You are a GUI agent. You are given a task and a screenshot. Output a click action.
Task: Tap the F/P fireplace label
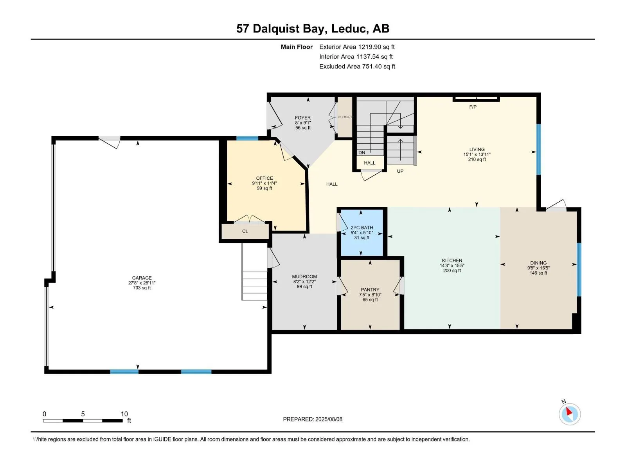click(473, 107)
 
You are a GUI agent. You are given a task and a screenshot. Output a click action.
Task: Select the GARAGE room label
click(142, 278)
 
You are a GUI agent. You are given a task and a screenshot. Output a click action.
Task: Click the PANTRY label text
click(370, 289)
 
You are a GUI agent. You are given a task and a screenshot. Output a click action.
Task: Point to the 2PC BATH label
click(362, 228)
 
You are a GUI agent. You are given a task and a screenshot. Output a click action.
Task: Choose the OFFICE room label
click(264, 178)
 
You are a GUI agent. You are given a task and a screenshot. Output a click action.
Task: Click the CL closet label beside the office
click(245, 231)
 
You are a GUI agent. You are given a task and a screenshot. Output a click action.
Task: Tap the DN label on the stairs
click(362, 153)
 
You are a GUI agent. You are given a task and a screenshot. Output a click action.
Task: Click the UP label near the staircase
click(400, 171)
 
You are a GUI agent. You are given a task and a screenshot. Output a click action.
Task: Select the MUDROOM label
click(304, 277)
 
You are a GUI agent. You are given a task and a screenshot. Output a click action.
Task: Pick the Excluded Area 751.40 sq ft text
click(357, 67)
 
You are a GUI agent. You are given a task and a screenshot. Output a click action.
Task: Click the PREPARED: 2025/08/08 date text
click(313, 419)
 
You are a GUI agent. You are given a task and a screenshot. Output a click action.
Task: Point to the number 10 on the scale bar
click(124, 414)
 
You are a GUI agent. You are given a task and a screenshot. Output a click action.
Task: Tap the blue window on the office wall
click(247, 138)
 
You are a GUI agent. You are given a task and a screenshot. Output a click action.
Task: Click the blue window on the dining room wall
click(579, 270)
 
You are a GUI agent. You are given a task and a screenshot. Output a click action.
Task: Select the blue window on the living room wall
click(538, 149)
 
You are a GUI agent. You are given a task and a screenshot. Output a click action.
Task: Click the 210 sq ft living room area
click(477, 159)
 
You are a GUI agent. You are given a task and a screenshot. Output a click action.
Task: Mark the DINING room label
click(538, 263)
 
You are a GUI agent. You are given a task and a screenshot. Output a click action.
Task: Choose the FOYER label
click(303, 117)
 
